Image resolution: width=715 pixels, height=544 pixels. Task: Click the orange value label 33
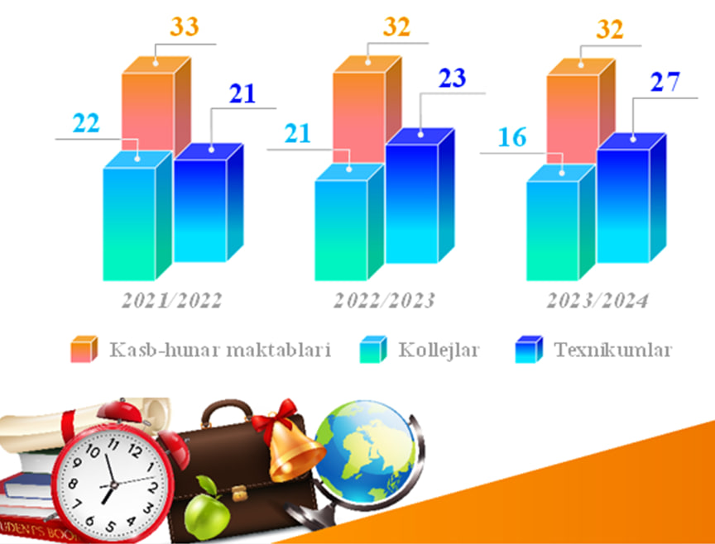coord(185,26)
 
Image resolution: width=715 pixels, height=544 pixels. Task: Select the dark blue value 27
coord(665,82)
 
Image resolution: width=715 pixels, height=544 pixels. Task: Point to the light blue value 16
coord(512,137)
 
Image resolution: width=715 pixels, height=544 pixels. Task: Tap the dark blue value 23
coord(453,78)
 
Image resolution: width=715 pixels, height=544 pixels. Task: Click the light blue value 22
coord(86,123)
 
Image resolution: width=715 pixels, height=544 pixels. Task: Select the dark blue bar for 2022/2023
coord(420,196)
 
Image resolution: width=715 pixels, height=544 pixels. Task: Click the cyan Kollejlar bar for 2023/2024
coord(561,222)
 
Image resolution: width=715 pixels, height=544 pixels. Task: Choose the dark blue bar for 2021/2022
coord(209,203)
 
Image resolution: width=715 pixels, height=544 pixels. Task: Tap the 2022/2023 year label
coord(384,301)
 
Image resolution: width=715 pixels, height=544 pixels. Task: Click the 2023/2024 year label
coord(597,301)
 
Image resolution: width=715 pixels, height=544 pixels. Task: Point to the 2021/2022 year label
coord(172,301)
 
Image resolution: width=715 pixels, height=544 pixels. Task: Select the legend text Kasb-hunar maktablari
coord(220,350)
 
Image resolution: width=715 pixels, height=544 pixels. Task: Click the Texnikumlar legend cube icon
coord(529,349)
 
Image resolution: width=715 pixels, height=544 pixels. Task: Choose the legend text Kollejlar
coord(439,350)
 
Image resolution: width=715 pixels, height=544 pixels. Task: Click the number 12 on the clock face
coord(136,451)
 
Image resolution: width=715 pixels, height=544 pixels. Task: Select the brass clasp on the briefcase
coord(239,494)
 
